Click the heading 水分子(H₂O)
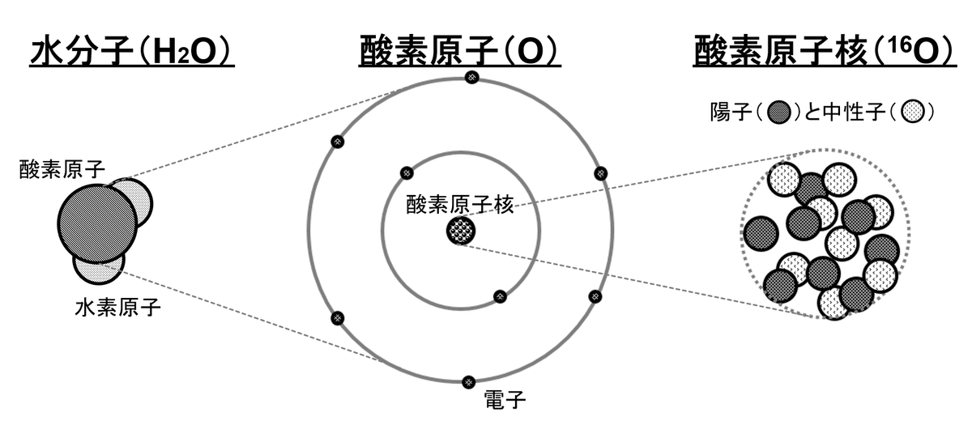[x=132, y=53]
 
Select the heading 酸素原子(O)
[x=460, y=53]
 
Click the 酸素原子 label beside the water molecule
[x=57, y=168]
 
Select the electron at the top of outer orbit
[x=471, y=77]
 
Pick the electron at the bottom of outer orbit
[x=467, y=381]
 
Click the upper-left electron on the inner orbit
[x=407, y=172]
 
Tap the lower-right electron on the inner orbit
[x=500, y=296]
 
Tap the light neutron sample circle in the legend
[x=914, y=112]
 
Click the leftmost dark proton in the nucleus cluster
[x=761, y=233]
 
